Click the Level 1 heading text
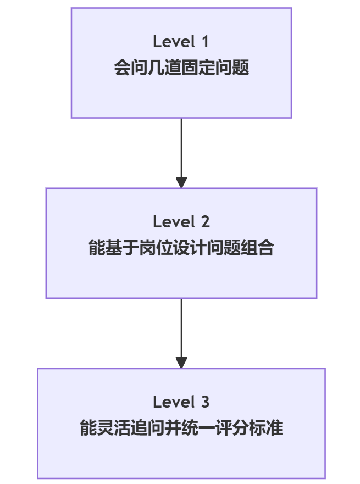click(181, 42)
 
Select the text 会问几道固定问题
click(181, 69)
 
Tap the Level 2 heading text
click(181, 222)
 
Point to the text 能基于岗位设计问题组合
click(181, 249)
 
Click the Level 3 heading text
click(181, 402)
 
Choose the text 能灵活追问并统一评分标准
click(181, 429)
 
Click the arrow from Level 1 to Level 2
click(181, 148)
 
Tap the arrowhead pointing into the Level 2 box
click(181, 182)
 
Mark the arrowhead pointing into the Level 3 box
click(181, 363)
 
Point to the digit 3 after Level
click(204, 402)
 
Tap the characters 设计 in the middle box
click(190, 249)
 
